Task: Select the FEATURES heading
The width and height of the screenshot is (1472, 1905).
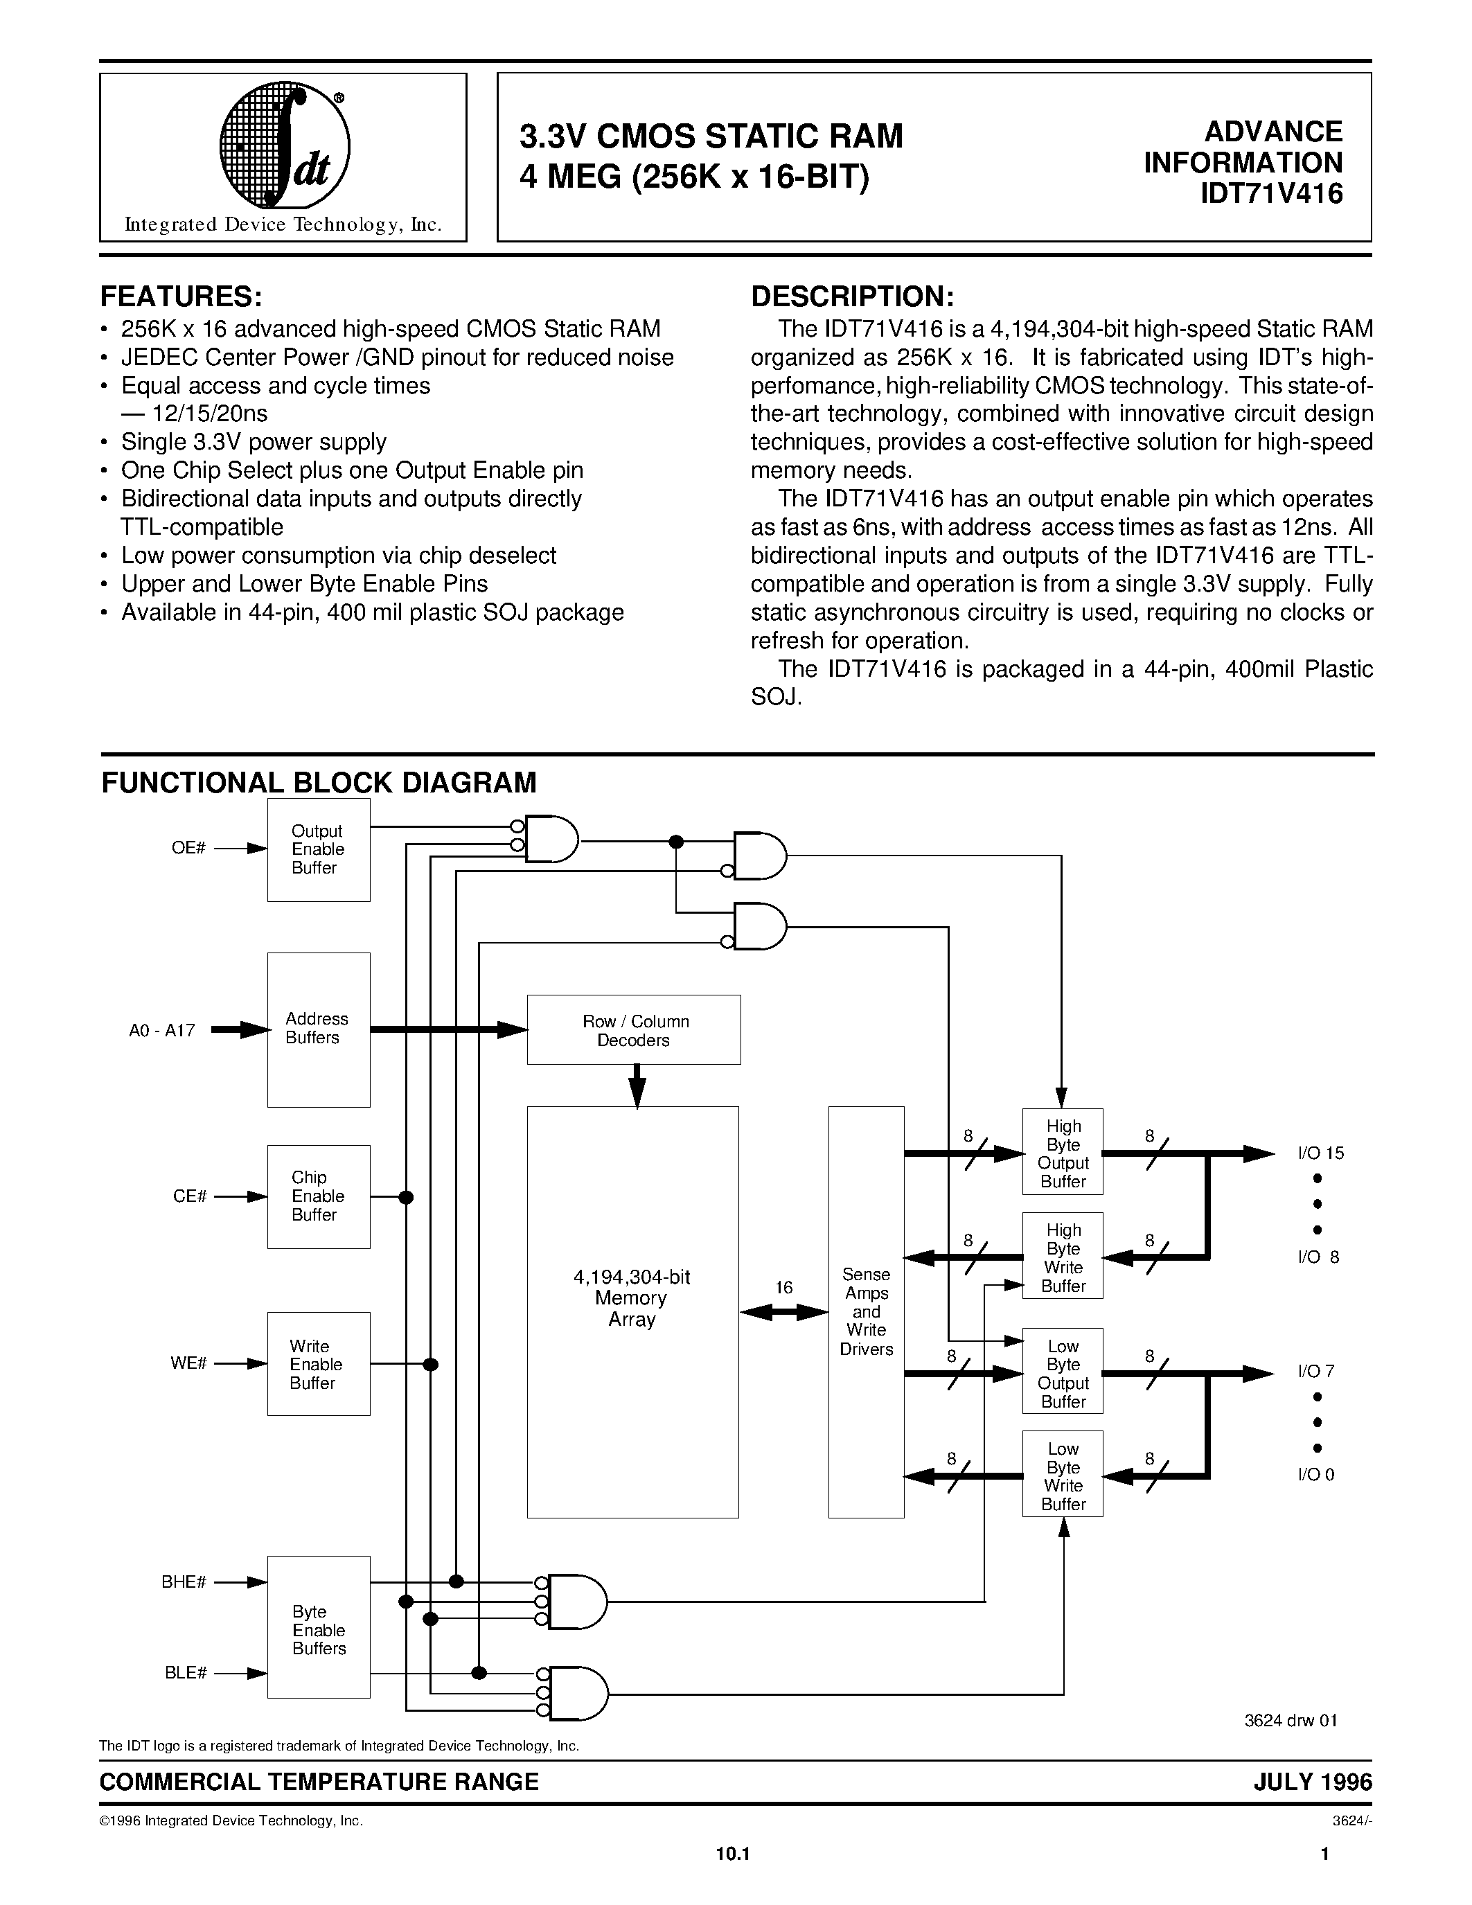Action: (181, 296)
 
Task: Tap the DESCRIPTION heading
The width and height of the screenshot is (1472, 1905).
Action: (853, 296)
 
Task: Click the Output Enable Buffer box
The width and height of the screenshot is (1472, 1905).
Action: (318, 849)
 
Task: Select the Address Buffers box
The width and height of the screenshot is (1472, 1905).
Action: (318, 1029)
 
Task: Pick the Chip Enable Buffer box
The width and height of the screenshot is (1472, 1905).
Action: (318, 1196)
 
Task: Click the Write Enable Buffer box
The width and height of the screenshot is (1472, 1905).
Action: (318, 1364)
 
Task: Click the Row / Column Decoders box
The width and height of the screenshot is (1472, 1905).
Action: (634, 1030)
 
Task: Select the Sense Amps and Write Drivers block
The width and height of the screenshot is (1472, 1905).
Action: (866, 1312)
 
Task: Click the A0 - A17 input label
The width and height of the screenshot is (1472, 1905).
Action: (161, 1030)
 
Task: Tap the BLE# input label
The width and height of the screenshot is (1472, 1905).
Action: (185, 1673)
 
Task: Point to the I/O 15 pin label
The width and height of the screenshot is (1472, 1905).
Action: (1321, 1153)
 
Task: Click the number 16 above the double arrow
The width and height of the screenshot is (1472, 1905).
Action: (784, 1288)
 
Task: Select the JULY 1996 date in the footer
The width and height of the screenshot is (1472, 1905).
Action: (1313, 1782)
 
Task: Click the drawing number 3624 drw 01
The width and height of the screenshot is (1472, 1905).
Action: (1290, 1721)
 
